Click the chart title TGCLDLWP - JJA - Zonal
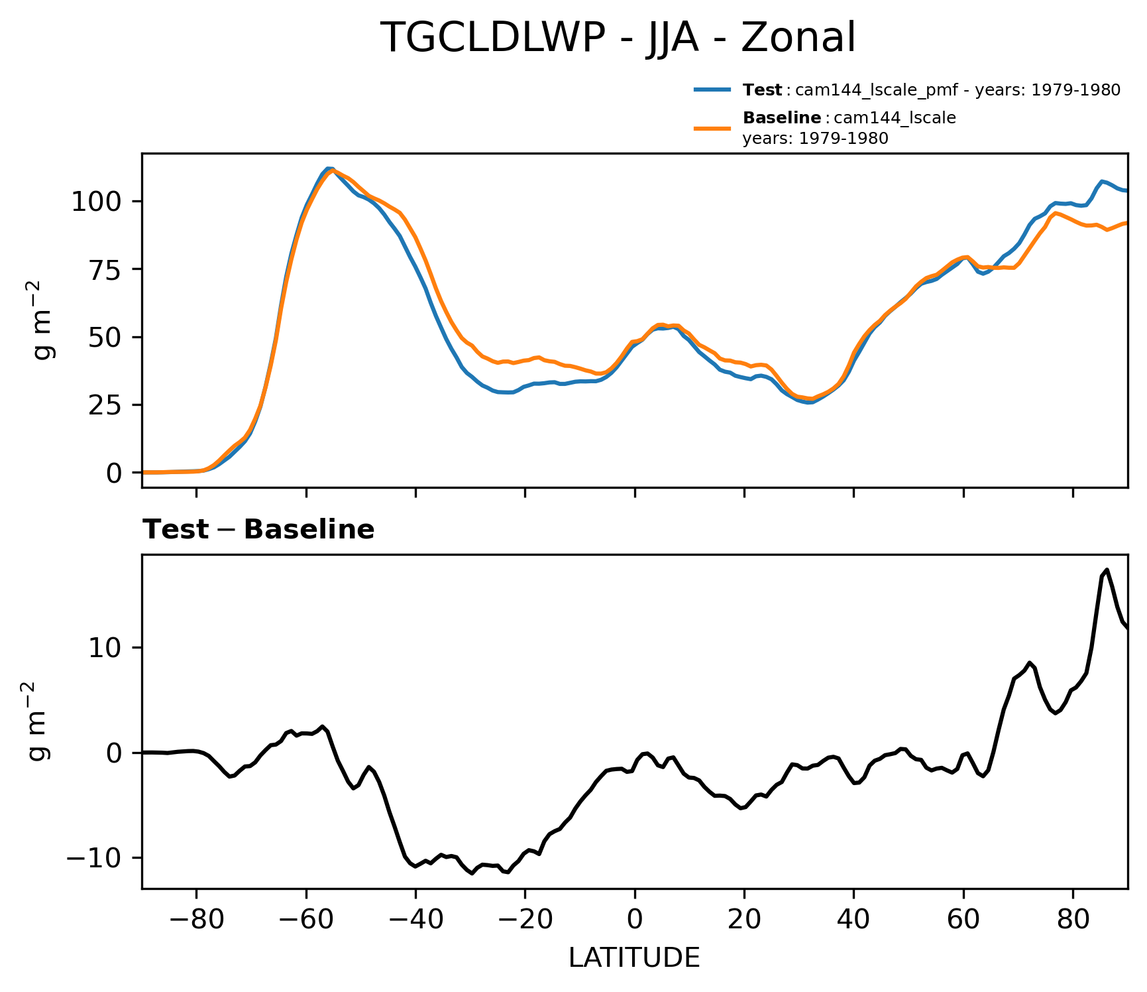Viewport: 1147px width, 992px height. tap(618, 38)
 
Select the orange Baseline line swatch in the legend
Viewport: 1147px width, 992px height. tap(712, 129)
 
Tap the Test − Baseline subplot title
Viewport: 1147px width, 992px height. tap(258, 530)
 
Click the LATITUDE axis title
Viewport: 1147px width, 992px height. tap(634, 958)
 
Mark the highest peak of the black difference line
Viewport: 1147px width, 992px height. tap(1107, 570)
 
